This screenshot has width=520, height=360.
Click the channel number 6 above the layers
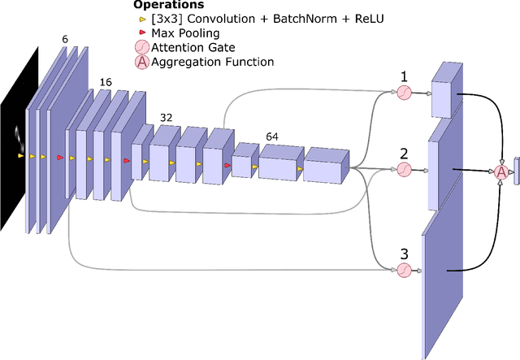tap(65, 38)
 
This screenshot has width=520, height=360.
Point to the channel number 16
tap(106, 82)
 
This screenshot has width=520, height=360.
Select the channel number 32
tap(167, 117)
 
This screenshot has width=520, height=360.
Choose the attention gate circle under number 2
tap(404, 169)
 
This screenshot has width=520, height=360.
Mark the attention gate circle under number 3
tap(404, 271)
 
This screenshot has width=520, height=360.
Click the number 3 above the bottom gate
tap(403, 253)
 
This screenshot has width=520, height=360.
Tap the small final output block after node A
tap(515, 171)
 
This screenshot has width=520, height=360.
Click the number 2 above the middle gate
tap(403, 152)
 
